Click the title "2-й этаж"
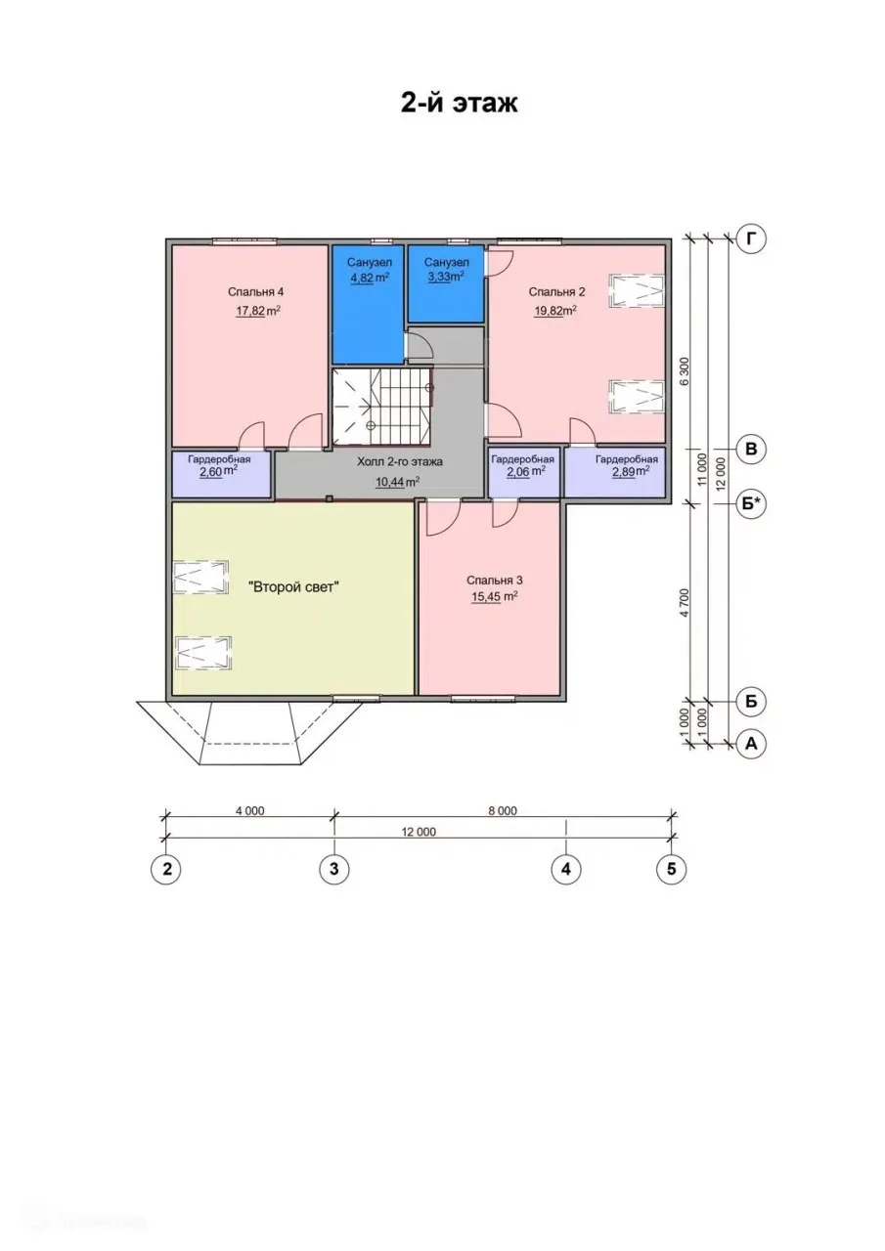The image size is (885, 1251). pos(459,104)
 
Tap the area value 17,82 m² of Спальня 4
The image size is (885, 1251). pos(257,311)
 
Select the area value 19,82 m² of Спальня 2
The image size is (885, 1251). pos(555,311)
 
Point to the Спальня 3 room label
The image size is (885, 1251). pos(495,581)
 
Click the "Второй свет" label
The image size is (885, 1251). pos(294,587)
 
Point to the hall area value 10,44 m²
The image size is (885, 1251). pos(398,482)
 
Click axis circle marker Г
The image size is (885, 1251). pos(751,239)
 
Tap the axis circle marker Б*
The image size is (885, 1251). pos(751,503)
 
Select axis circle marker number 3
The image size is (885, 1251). pos(334,870)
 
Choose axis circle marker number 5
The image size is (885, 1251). pos(672,870)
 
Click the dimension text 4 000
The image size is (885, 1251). pos(249,810)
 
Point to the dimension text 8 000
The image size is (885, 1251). pos(503,810)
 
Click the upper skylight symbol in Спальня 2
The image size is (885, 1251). pos(637,291)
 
